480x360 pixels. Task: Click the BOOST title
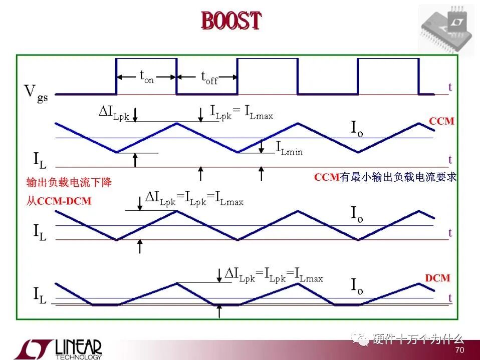point(231,21)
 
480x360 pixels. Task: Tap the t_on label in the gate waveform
point(147,77)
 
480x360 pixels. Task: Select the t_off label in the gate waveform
point(209,78)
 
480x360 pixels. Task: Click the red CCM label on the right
point(441,121)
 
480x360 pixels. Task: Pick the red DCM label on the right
point(438,278)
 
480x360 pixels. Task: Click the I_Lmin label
point(289,148)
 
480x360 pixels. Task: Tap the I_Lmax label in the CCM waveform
point(259,112)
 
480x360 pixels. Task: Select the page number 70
point(460,350)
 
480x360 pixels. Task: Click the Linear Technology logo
point(58,349)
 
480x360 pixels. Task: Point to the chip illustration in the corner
point(446,29)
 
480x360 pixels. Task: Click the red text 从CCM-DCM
point(59,201)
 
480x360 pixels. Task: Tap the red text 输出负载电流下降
point(69,182)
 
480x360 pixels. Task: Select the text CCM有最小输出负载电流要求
point(385,177)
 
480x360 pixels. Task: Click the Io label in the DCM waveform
point(357,286)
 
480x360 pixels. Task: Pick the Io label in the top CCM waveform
point(357,129)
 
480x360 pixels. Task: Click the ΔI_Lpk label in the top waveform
point(114,113)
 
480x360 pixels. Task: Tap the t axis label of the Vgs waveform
point(450,87)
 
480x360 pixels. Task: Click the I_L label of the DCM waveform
point(40,295)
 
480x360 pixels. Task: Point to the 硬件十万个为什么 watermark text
point(418,339)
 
